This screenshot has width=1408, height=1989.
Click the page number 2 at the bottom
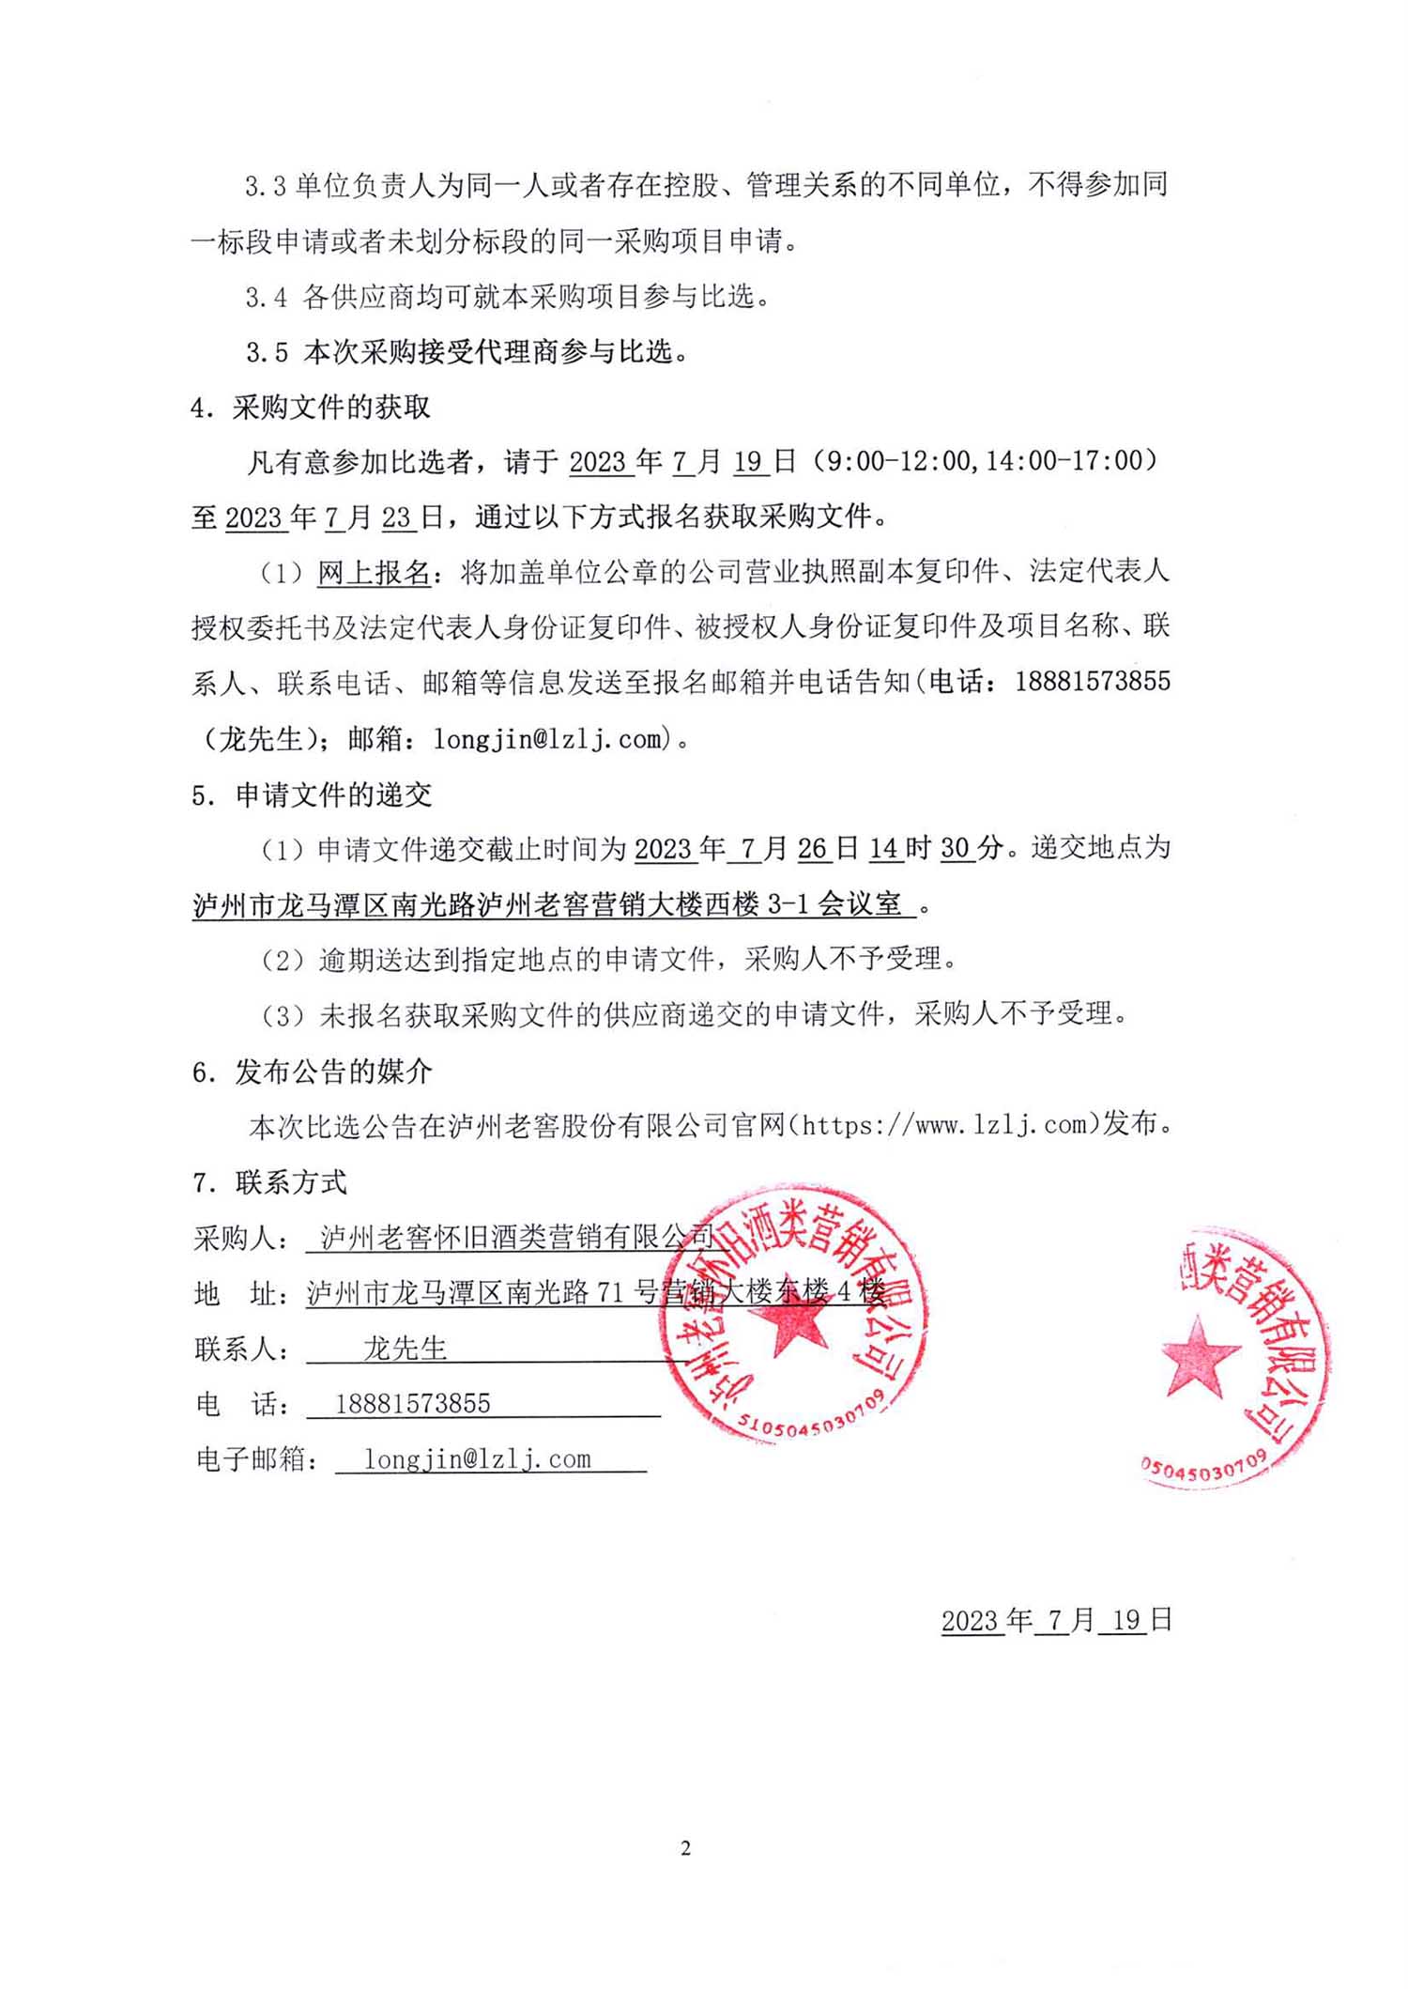(685, 1848)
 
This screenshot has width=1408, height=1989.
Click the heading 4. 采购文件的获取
(311, 408)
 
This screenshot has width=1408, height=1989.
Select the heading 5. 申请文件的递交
(312, 795)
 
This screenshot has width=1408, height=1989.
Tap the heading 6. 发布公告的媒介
(312, 1072)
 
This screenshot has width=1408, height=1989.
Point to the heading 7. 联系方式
(270, 1182)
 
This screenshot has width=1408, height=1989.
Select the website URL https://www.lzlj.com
(944, 1124)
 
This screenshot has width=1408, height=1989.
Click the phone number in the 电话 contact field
(413, 1404)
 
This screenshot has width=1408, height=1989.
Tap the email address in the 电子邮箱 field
(478, 1459)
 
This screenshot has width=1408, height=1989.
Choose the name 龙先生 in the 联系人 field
(406, 1349)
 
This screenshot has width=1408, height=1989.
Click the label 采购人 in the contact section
(235, 1239)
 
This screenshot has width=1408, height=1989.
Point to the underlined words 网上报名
(374, 572)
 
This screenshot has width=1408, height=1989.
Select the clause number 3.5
(267, 353)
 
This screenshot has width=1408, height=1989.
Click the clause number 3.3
(265, 186)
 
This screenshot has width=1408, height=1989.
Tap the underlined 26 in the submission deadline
(812, 849)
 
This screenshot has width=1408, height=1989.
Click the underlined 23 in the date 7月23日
(396, 517)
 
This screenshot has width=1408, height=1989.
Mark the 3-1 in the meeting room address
(788, 904)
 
